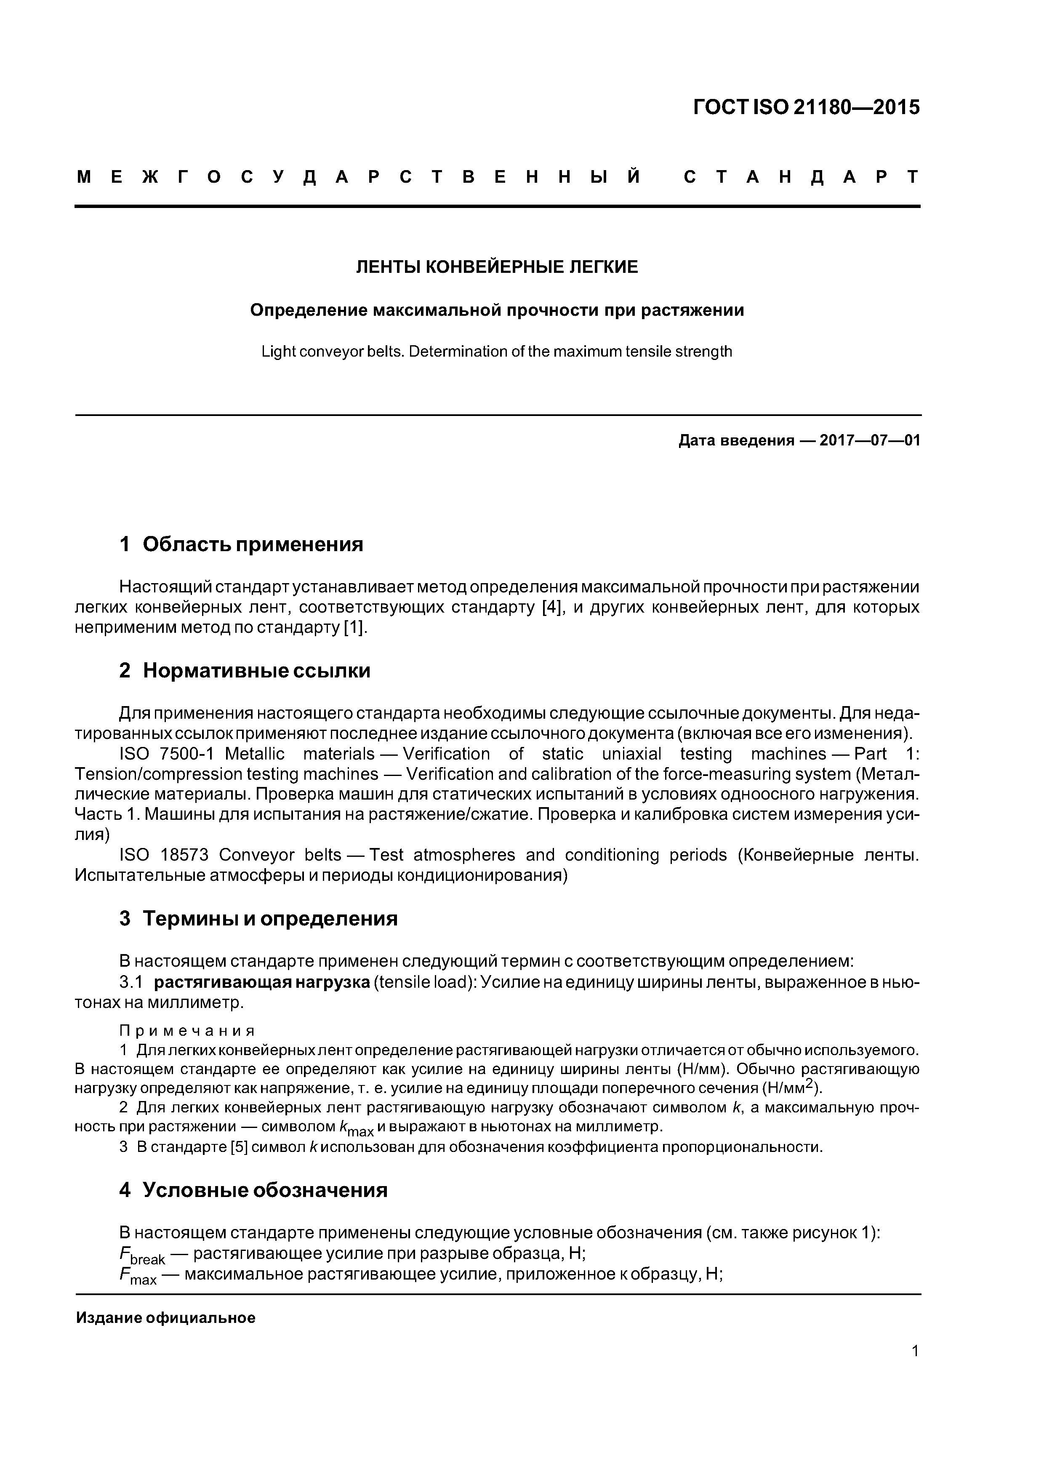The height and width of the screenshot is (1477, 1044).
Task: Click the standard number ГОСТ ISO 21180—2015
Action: pos(807,107)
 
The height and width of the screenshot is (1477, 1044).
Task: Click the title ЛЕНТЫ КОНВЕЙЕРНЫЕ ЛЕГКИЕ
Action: pos(497,267)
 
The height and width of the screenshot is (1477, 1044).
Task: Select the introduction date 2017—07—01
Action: pos(870,441)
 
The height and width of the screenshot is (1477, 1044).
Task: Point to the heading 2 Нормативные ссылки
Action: pos(245,671)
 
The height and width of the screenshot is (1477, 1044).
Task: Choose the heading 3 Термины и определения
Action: pos(258,919)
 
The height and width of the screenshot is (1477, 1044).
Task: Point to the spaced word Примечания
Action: pos(187,1031)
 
